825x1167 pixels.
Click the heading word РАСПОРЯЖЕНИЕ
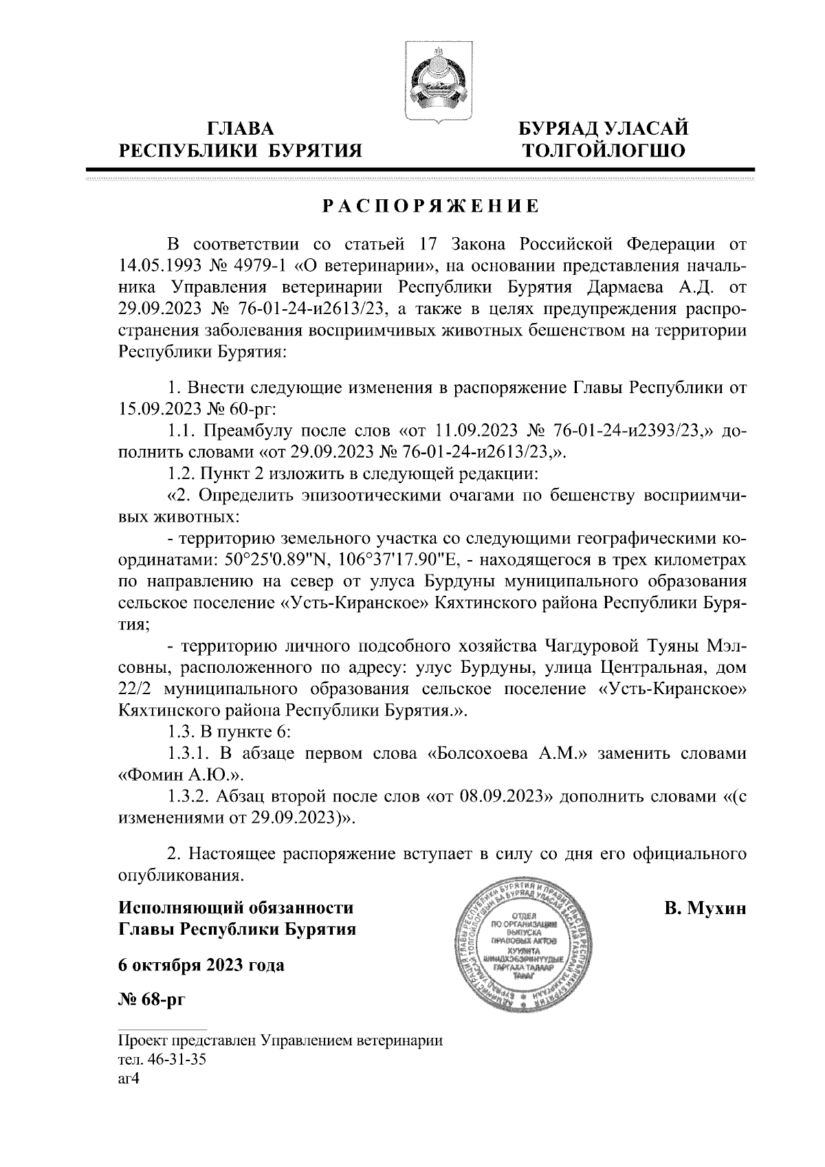coord(430,206)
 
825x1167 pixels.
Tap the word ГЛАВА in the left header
coord(240,129)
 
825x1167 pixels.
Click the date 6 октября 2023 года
coord(201,965)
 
